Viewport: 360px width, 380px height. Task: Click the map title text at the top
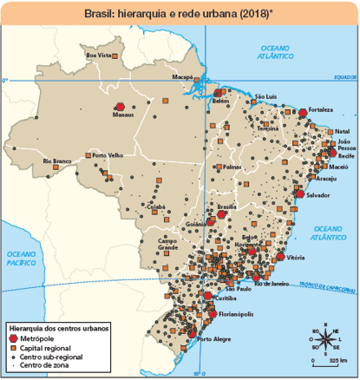coord(179,14)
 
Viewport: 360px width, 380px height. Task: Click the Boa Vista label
coord(100,55)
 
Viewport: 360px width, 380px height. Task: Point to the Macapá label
coord(181,78)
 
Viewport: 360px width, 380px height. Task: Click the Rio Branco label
coord(57,161)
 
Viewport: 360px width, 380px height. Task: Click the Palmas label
coord(232,166)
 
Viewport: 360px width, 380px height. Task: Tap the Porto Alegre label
coord(213,339)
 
